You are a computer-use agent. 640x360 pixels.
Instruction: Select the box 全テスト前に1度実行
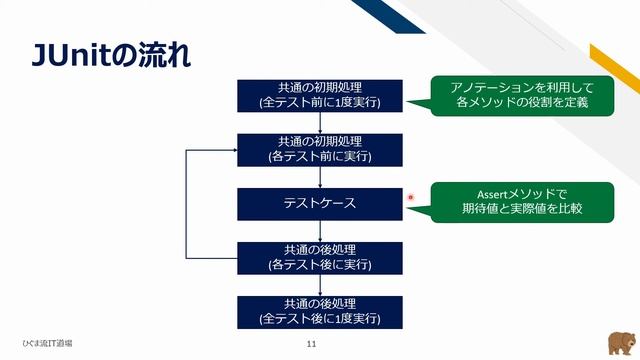coord(319,94)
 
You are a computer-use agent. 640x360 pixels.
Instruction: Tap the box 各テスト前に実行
coord(319,148)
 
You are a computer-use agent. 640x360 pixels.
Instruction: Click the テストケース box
coord(319,203)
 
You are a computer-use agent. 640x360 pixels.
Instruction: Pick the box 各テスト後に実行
coord(319,257)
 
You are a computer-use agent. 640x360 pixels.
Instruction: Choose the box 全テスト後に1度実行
coord(319,311)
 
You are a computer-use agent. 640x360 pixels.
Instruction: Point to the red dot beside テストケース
coord(411,198)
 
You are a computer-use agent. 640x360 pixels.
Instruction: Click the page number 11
coord(312,344)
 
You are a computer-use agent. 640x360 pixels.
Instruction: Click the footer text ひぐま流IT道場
coord(49,343)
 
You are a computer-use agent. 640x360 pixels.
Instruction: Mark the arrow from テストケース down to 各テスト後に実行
coord(319,231)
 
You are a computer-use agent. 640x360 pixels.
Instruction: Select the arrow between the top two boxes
coord(319,122)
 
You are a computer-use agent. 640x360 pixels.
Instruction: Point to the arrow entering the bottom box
coord(319,285)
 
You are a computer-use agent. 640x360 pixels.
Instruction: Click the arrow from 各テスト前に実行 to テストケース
coord(319,177)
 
